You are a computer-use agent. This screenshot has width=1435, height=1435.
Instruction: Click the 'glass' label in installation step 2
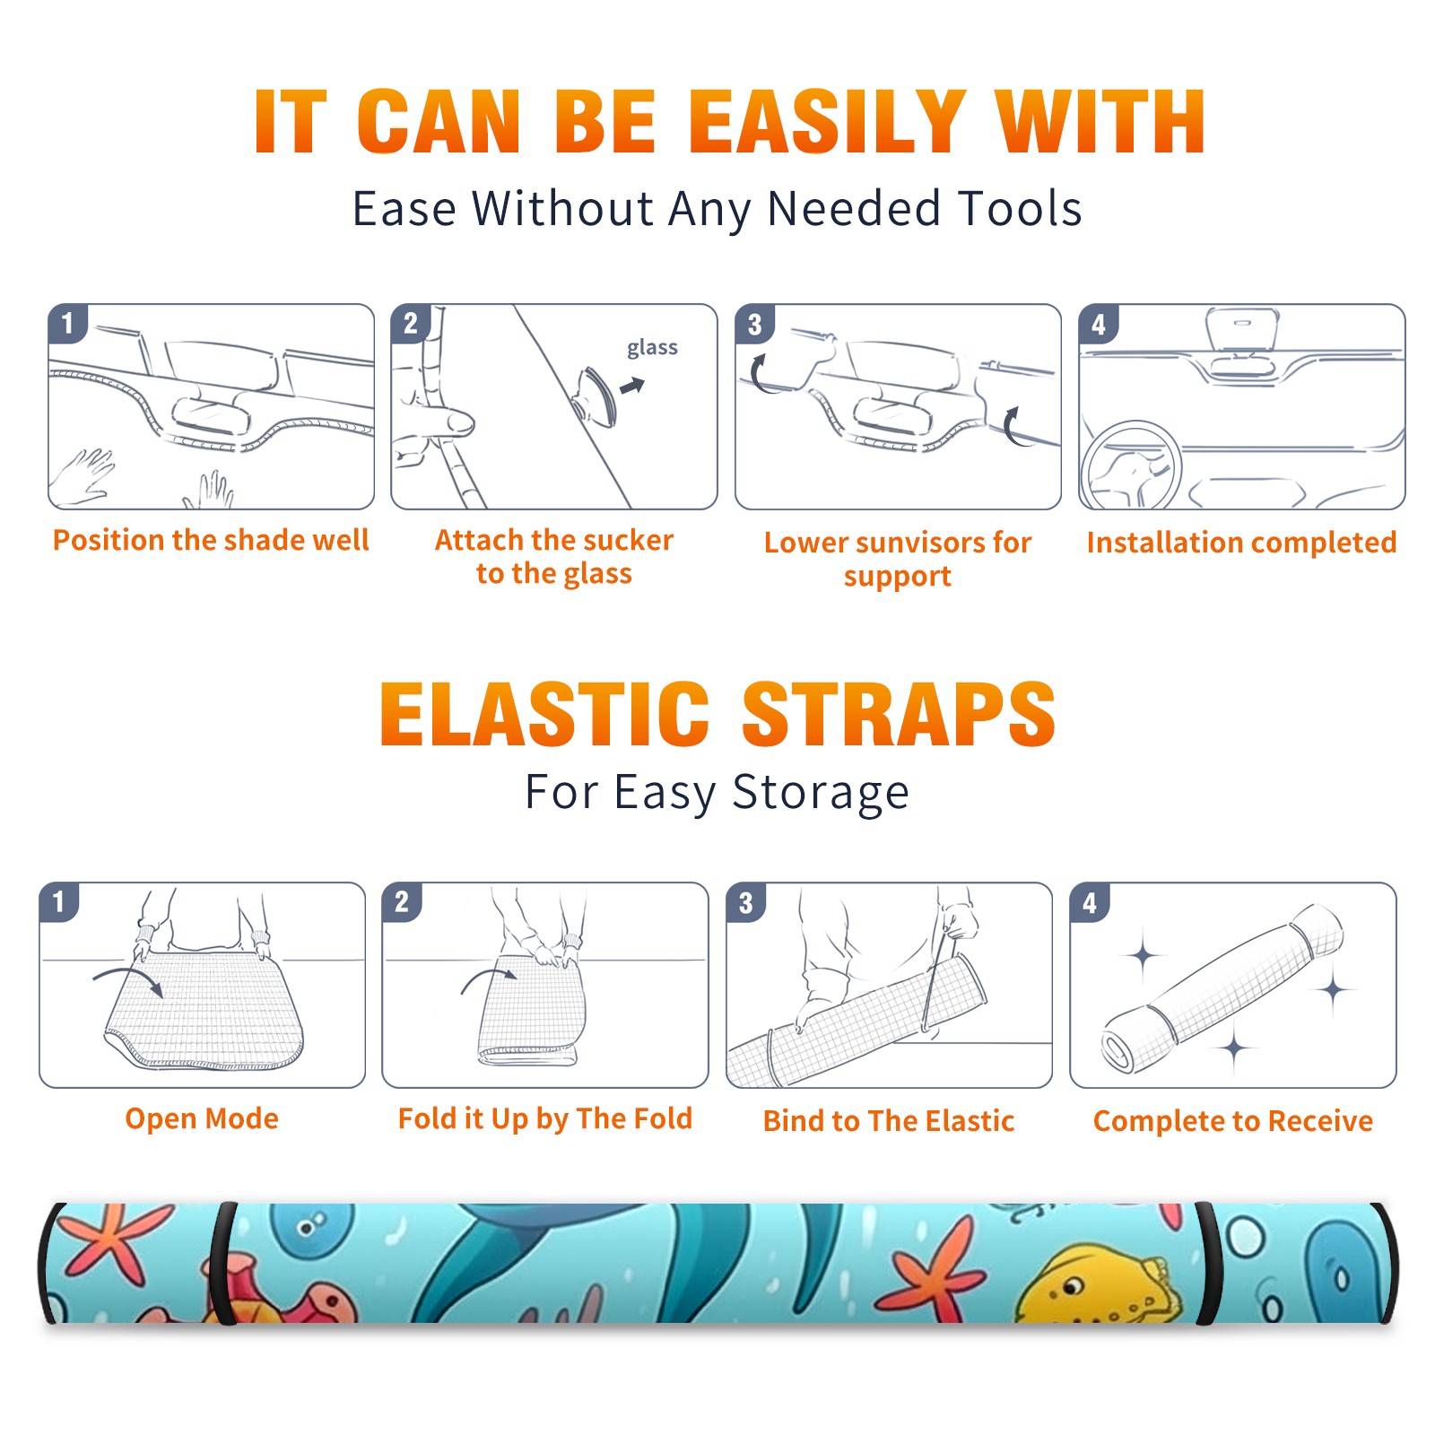(x=652, y=348)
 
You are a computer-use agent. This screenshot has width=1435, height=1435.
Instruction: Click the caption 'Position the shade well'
(x=211, y=540)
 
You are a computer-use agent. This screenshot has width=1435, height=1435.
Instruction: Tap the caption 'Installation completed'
(x=1241, y=543)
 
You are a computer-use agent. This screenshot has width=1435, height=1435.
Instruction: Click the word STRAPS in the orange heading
(x=899, y=714)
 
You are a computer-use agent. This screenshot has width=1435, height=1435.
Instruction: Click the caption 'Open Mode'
(x=202, y=1118)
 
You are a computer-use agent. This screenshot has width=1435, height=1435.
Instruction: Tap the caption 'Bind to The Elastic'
(x=889, y=1121)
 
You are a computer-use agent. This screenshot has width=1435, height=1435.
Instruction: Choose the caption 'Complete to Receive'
(x=1233, y=1121)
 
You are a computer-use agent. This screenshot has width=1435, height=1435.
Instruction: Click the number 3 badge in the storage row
(x=746, y=902)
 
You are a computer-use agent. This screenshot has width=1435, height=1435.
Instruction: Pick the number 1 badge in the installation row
(x=67, y=323)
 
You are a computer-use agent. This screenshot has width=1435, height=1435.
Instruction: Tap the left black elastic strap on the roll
(x=222, y=1264)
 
